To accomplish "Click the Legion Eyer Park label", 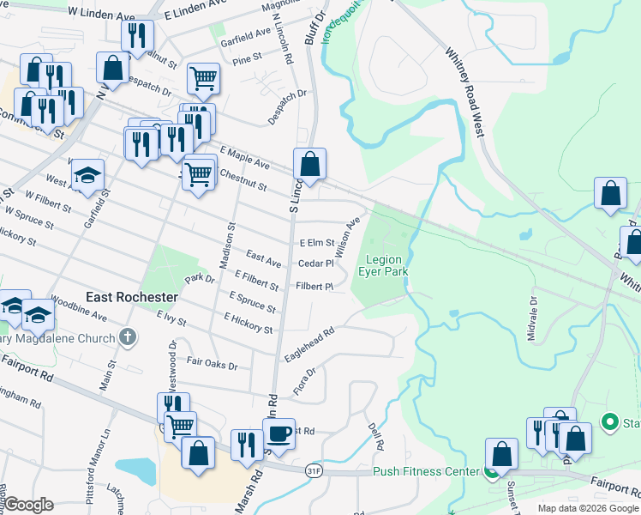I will tap(386, 265).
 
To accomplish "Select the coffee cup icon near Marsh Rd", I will tap(279, 433).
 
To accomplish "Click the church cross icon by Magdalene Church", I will tap(128, 337).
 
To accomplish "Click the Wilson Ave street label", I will tap(348, 238).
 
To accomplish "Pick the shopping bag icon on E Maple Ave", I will tap(309, 163).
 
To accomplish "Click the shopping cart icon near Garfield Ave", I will tap(203, 79).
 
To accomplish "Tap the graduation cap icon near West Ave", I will tap(87, 175).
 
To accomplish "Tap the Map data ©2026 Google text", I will tap(587, 508).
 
